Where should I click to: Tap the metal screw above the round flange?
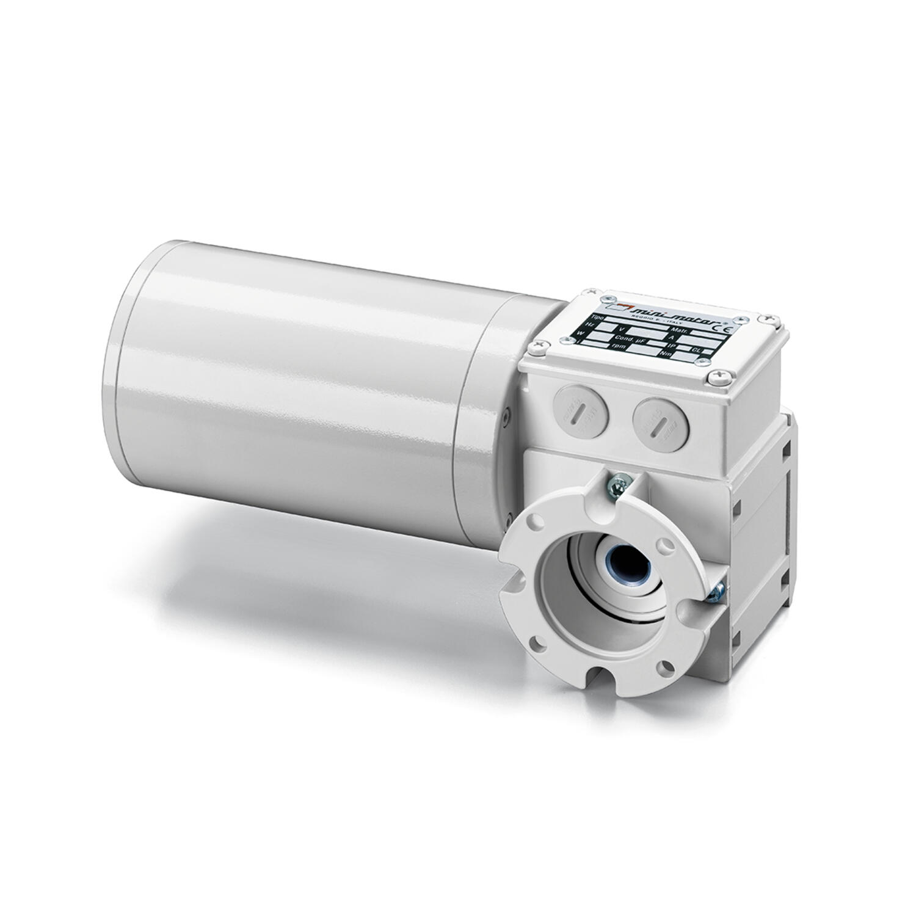coord(617,485)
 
